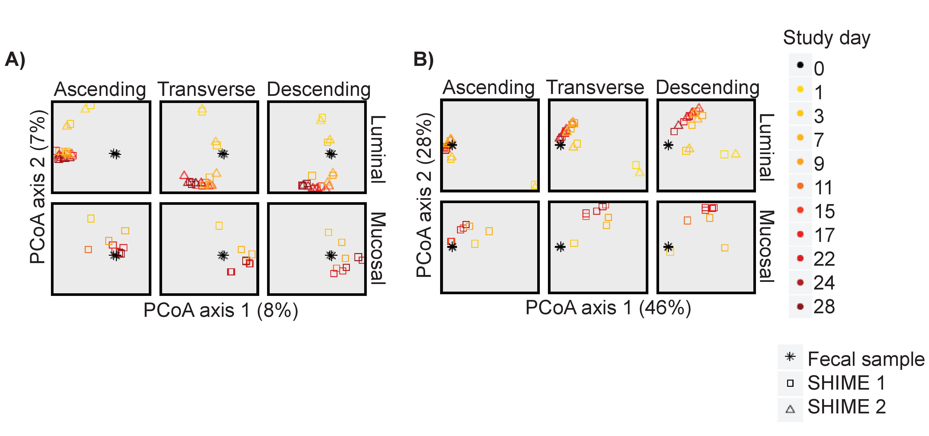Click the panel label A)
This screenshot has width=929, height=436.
[x=15, y=60]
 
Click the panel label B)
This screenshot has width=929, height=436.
[x=423, y=60]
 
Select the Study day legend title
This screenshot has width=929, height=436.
[x=827, y=38]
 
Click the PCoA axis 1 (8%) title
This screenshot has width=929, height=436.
[x=221, y=310]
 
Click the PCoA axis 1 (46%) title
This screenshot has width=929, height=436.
[x=608, y=308]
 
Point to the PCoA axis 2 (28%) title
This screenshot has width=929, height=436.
[x=424, y=195]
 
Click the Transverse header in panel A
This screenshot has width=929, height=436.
[x=206, y=89]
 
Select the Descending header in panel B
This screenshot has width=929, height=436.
[x=708, y=88]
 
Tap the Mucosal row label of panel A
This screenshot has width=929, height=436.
[x=378, y=249]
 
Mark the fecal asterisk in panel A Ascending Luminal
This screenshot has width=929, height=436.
[x=115, y=154]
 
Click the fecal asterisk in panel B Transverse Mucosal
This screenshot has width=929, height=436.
[x=560, y=247]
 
